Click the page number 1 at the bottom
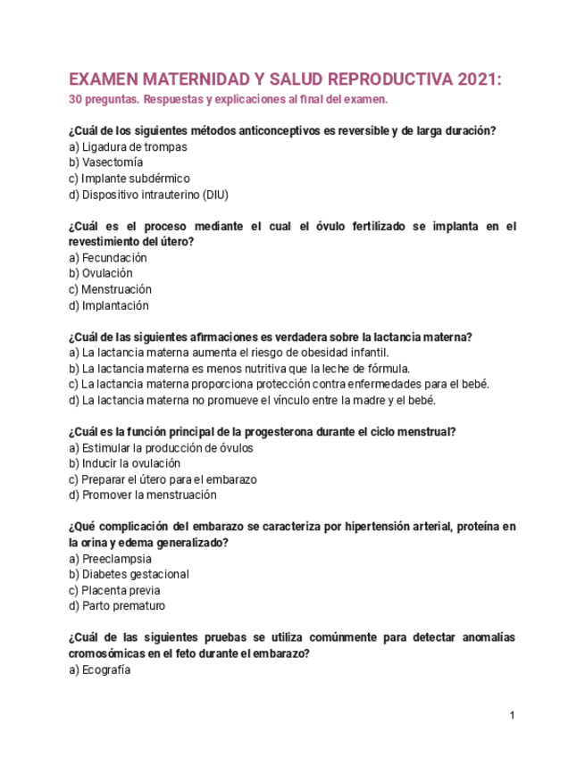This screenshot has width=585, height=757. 512,716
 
